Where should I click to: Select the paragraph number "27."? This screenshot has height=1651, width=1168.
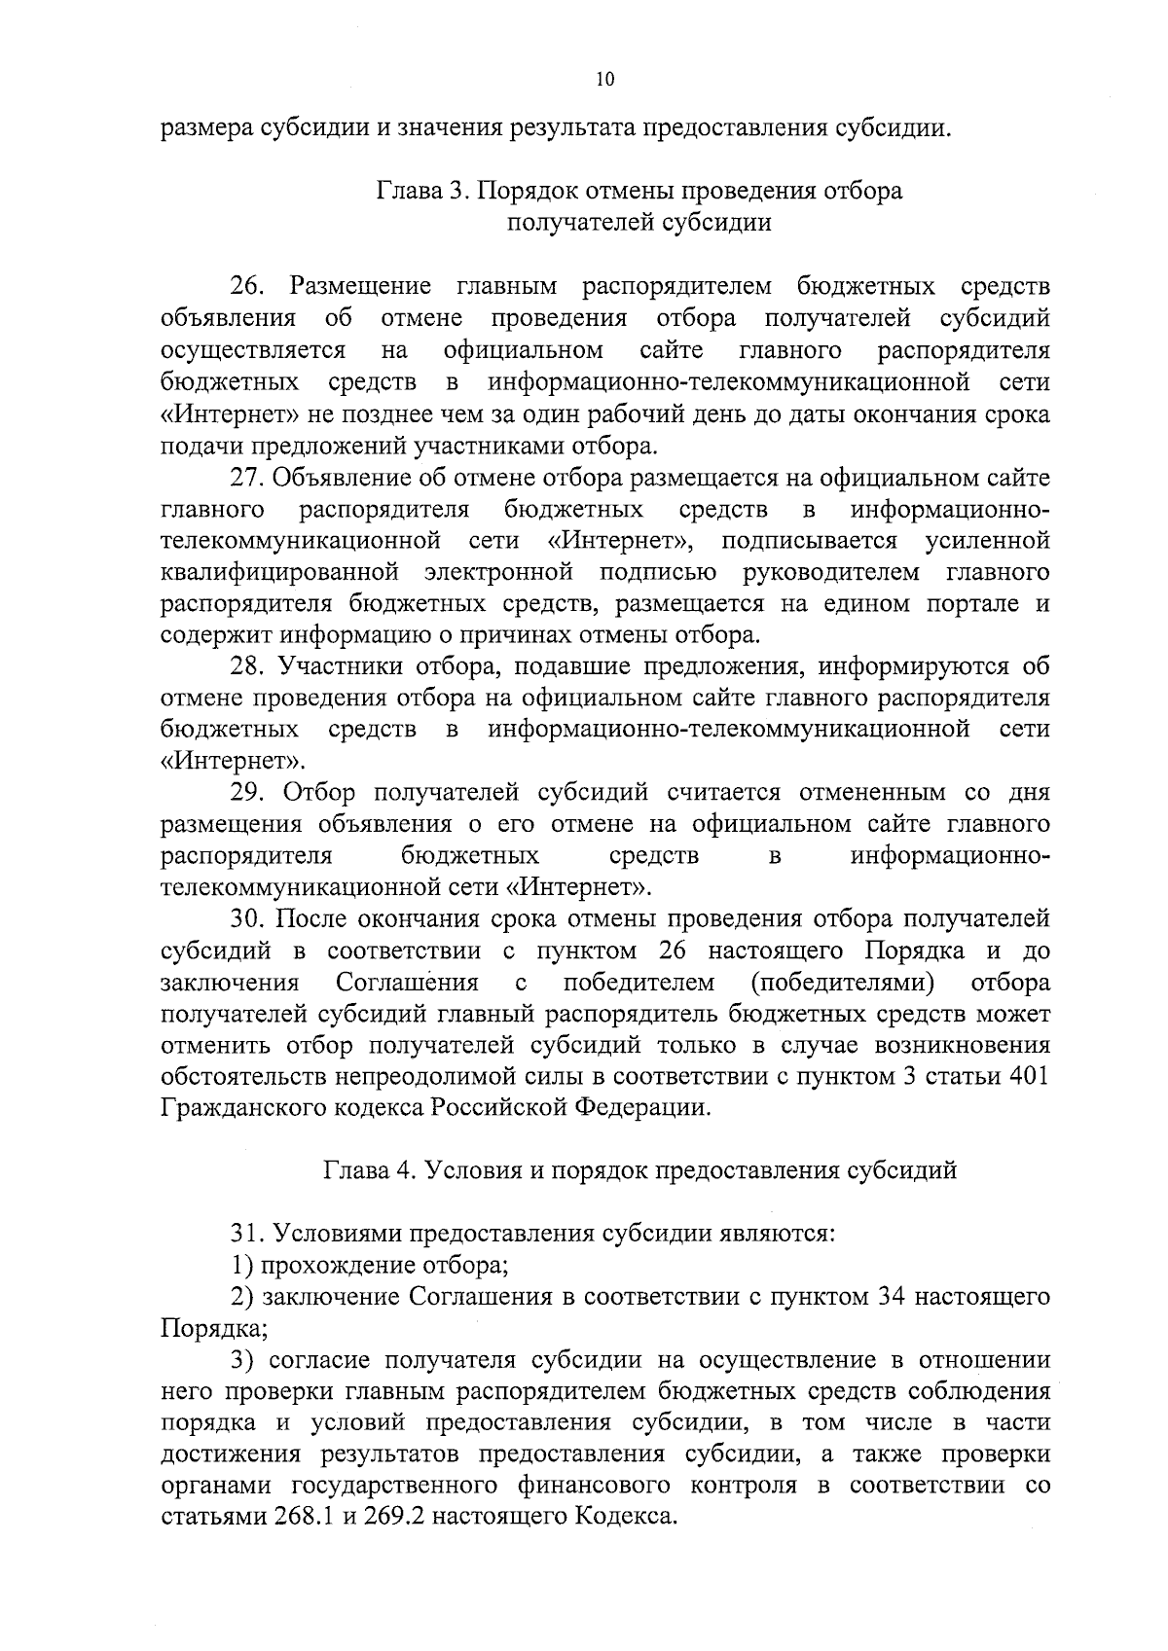[x=248, y=479]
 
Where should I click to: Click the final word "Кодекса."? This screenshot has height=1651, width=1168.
[x=624, y=1517]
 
